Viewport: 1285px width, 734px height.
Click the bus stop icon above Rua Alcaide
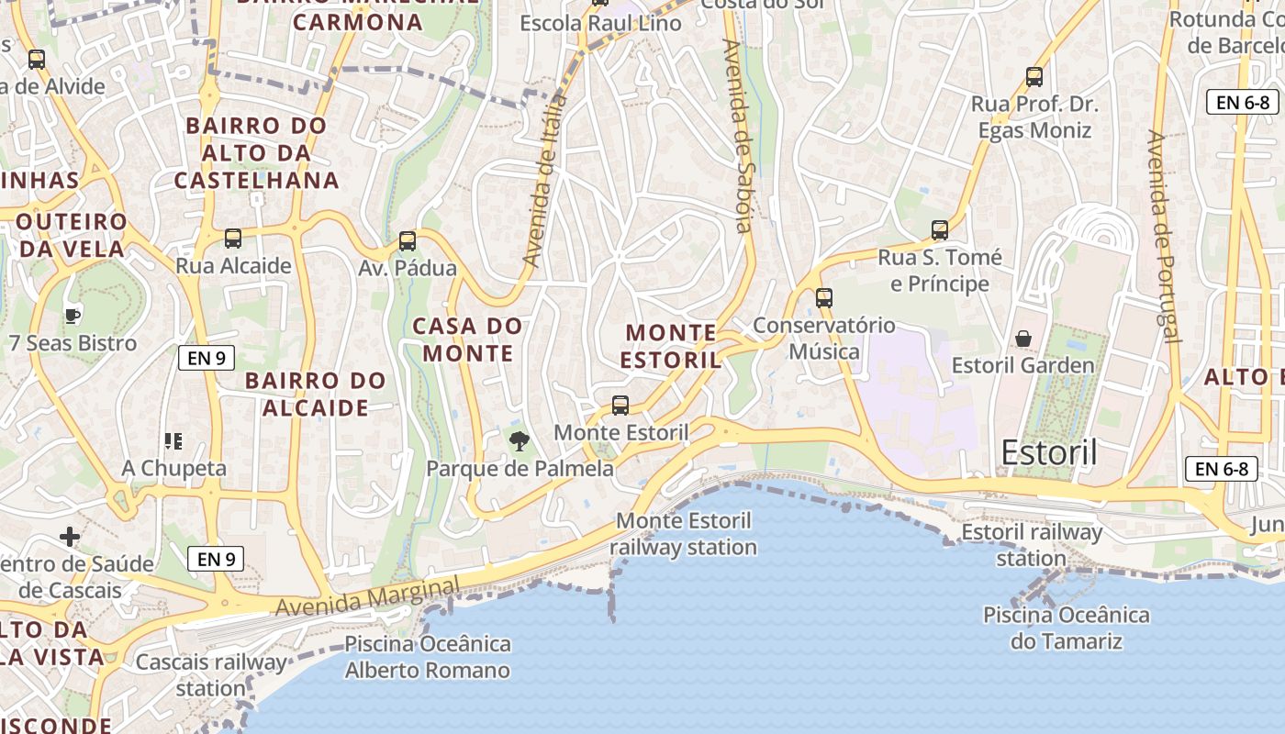(233, 239)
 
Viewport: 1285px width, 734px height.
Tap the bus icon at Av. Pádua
(408, 241)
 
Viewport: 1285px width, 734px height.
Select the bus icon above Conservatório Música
(824, 297)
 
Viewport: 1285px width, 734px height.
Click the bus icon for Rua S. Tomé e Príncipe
(940, 230)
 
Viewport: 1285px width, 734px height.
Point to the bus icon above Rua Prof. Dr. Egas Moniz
(1034, 77)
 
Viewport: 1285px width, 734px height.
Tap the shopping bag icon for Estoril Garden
(1023, 339)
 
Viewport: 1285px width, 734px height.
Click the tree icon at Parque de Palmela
(520, 441)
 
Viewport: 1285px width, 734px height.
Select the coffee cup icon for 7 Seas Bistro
(73, 317)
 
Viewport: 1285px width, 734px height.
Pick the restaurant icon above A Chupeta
(173, 441)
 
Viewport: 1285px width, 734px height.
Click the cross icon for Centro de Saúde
(70, 536)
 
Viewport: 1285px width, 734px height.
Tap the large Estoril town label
(1049, 452)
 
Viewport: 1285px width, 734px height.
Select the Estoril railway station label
(1032, 545)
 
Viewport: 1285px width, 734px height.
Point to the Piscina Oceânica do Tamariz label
(1066, 628)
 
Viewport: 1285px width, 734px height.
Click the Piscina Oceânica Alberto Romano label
(428, 657)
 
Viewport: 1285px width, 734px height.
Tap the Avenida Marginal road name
(367, 597)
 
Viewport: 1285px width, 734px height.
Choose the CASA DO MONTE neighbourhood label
(467, 339)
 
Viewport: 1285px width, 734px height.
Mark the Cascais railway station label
(211, 674)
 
